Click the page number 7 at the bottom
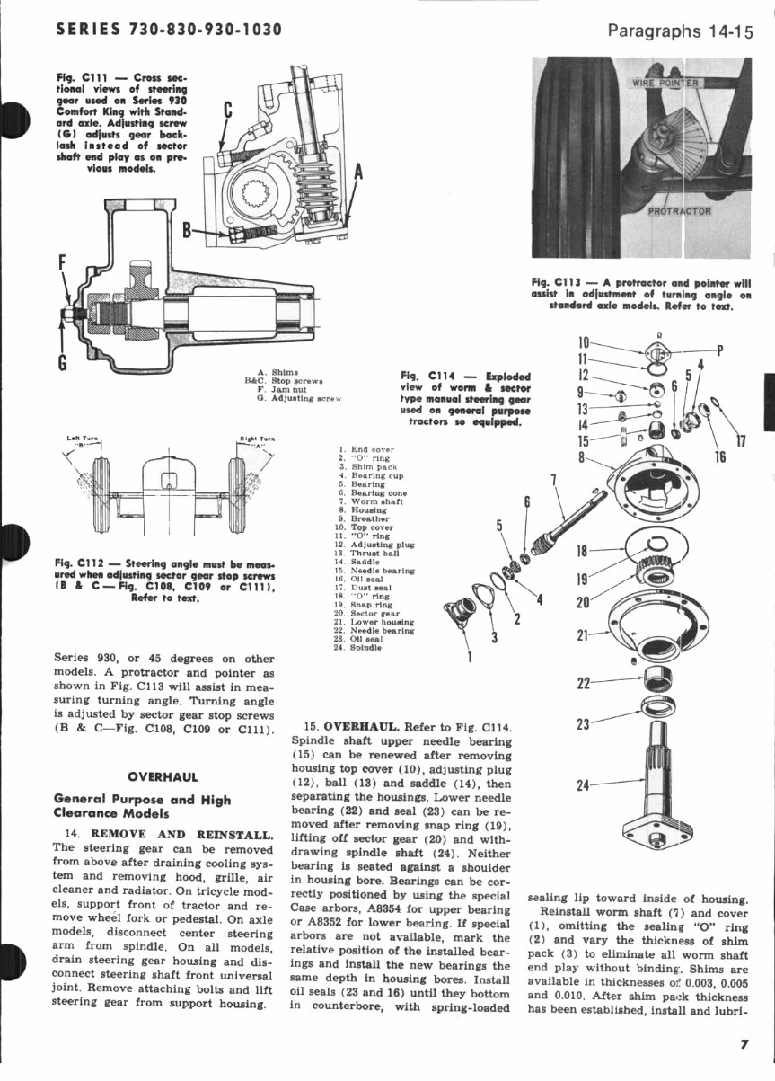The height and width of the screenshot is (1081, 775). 744,1043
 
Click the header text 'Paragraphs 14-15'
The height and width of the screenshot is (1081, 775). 680,31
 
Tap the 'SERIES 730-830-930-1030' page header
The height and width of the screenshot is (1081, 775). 169,30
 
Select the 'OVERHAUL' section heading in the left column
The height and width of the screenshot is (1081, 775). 163,776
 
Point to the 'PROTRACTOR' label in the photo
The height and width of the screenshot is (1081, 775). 680,212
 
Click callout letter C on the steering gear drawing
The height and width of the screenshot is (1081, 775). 227,111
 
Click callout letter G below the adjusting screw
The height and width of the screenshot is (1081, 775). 62,362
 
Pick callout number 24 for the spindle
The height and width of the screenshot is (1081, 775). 584,784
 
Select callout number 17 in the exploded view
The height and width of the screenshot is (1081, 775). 741,440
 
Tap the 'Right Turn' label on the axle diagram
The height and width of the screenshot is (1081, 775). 257,439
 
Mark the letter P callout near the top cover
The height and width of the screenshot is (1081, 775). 719,350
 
